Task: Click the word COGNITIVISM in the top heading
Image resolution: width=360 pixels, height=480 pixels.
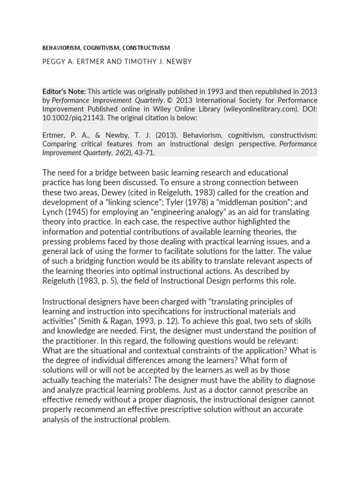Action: click(x=97, y=48)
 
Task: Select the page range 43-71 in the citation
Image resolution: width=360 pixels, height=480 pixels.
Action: click(x=150, y=152)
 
